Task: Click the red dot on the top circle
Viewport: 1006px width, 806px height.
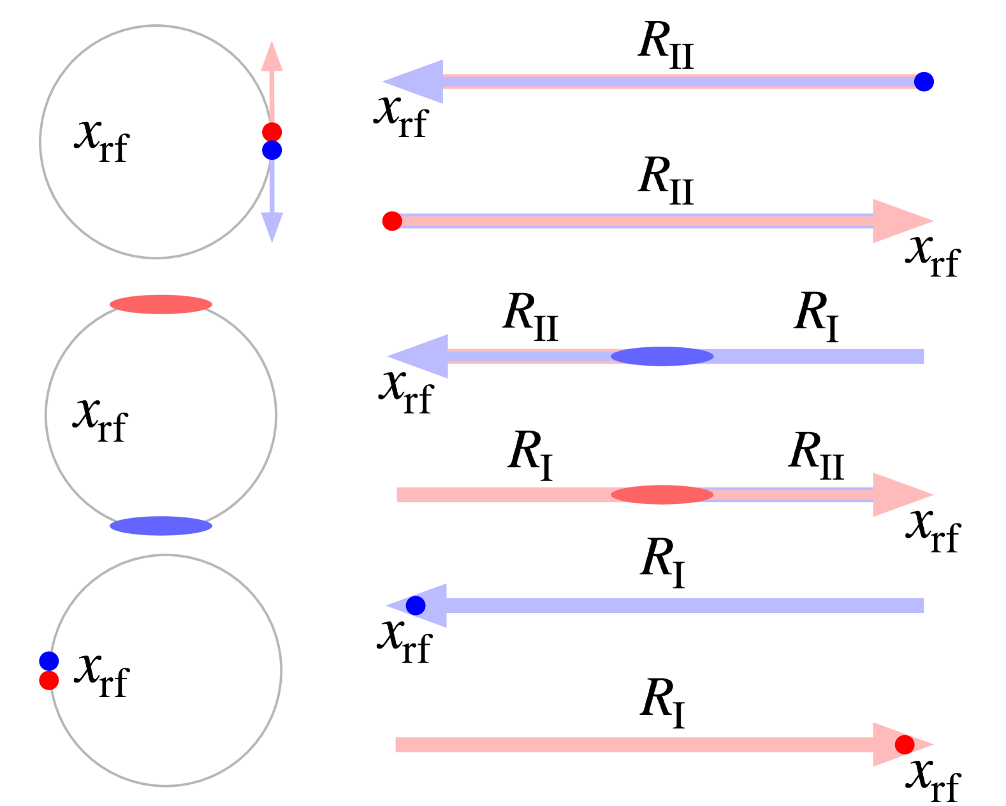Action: (272, 132)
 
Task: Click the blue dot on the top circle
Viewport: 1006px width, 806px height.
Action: (272, 150)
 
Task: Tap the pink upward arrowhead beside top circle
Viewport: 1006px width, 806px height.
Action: (272, 59)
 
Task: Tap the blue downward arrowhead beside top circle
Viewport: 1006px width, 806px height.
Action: (272, 225)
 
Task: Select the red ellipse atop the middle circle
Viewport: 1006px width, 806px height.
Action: (161, 305)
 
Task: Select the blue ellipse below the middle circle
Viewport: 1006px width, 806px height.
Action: (161, 526)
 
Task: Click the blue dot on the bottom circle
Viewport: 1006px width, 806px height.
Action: (49, 661)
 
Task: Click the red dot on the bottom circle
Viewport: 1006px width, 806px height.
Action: (49, 680)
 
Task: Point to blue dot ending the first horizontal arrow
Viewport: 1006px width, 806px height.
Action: (924, 82)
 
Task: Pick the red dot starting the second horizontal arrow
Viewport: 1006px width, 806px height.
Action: (391, 221)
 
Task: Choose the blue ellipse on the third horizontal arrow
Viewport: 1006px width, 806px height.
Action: (662, 356)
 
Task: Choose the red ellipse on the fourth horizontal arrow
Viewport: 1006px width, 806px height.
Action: (662, 494)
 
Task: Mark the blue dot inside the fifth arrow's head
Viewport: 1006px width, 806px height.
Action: (415, 605)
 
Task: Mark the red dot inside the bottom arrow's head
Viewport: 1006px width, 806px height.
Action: (904, 744)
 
